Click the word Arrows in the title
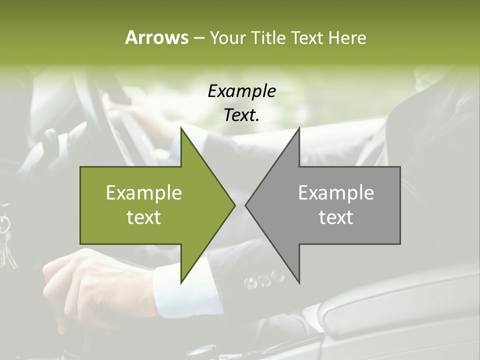(156, 37)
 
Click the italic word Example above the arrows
(241, 91)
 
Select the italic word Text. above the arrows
(241, 115)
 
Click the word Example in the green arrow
(143, 192)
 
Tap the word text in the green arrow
(143, 217)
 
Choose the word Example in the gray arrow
(336, 192)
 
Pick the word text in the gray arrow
(336, 217)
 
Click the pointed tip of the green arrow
(234, 205)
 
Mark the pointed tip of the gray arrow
(246, 205)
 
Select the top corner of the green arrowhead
(181, 128)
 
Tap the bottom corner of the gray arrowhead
(299, 283)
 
